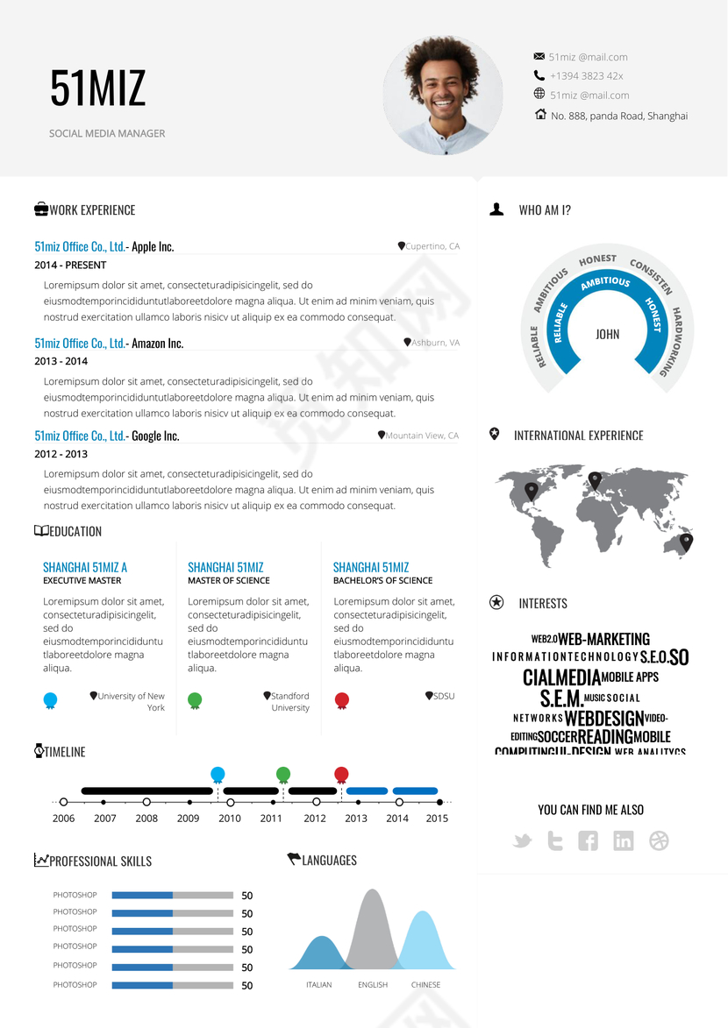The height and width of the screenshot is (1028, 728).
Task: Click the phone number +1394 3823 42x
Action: [x=586, y=76]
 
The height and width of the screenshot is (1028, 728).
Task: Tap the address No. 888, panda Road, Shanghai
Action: [x=618, y=116]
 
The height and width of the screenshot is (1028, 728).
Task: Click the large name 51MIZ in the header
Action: [x=97, y=89]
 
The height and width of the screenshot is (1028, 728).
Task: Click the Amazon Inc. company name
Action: [x=158, y=344]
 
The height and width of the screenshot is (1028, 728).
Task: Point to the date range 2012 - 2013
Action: [x=61, y=454]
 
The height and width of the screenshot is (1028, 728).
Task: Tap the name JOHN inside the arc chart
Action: [x=607, y=334]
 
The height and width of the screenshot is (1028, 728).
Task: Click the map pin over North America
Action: [x=531, y=491]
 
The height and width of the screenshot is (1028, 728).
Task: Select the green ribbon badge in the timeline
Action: [x=283, y=774]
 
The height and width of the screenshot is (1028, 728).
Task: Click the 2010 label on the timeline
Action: [x=230, y=819]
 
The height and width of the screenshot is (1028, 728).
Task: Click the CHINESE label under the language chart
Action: [x=425, y=985]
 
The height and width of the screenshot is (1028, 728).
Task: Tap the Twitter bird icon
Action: [x=523, y=841]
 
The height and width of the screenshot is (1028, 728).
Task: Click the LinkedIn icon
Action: [x=624, y=841]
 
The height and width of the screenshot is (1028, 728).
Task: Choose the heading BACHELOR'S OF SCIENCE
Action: [x=382, y=580]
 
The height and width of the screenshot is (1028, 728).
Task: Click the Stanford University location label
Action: [x=289, y=702]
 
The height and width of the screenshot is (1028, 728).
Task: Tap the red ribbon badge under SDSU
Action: [x=342, y=700]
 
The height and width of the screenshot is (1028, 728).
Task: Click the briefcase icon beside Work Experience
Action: [x=41, y=209]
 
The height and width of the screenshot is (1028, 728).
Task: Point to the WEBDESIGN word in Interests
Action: [x=604, y=719]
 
